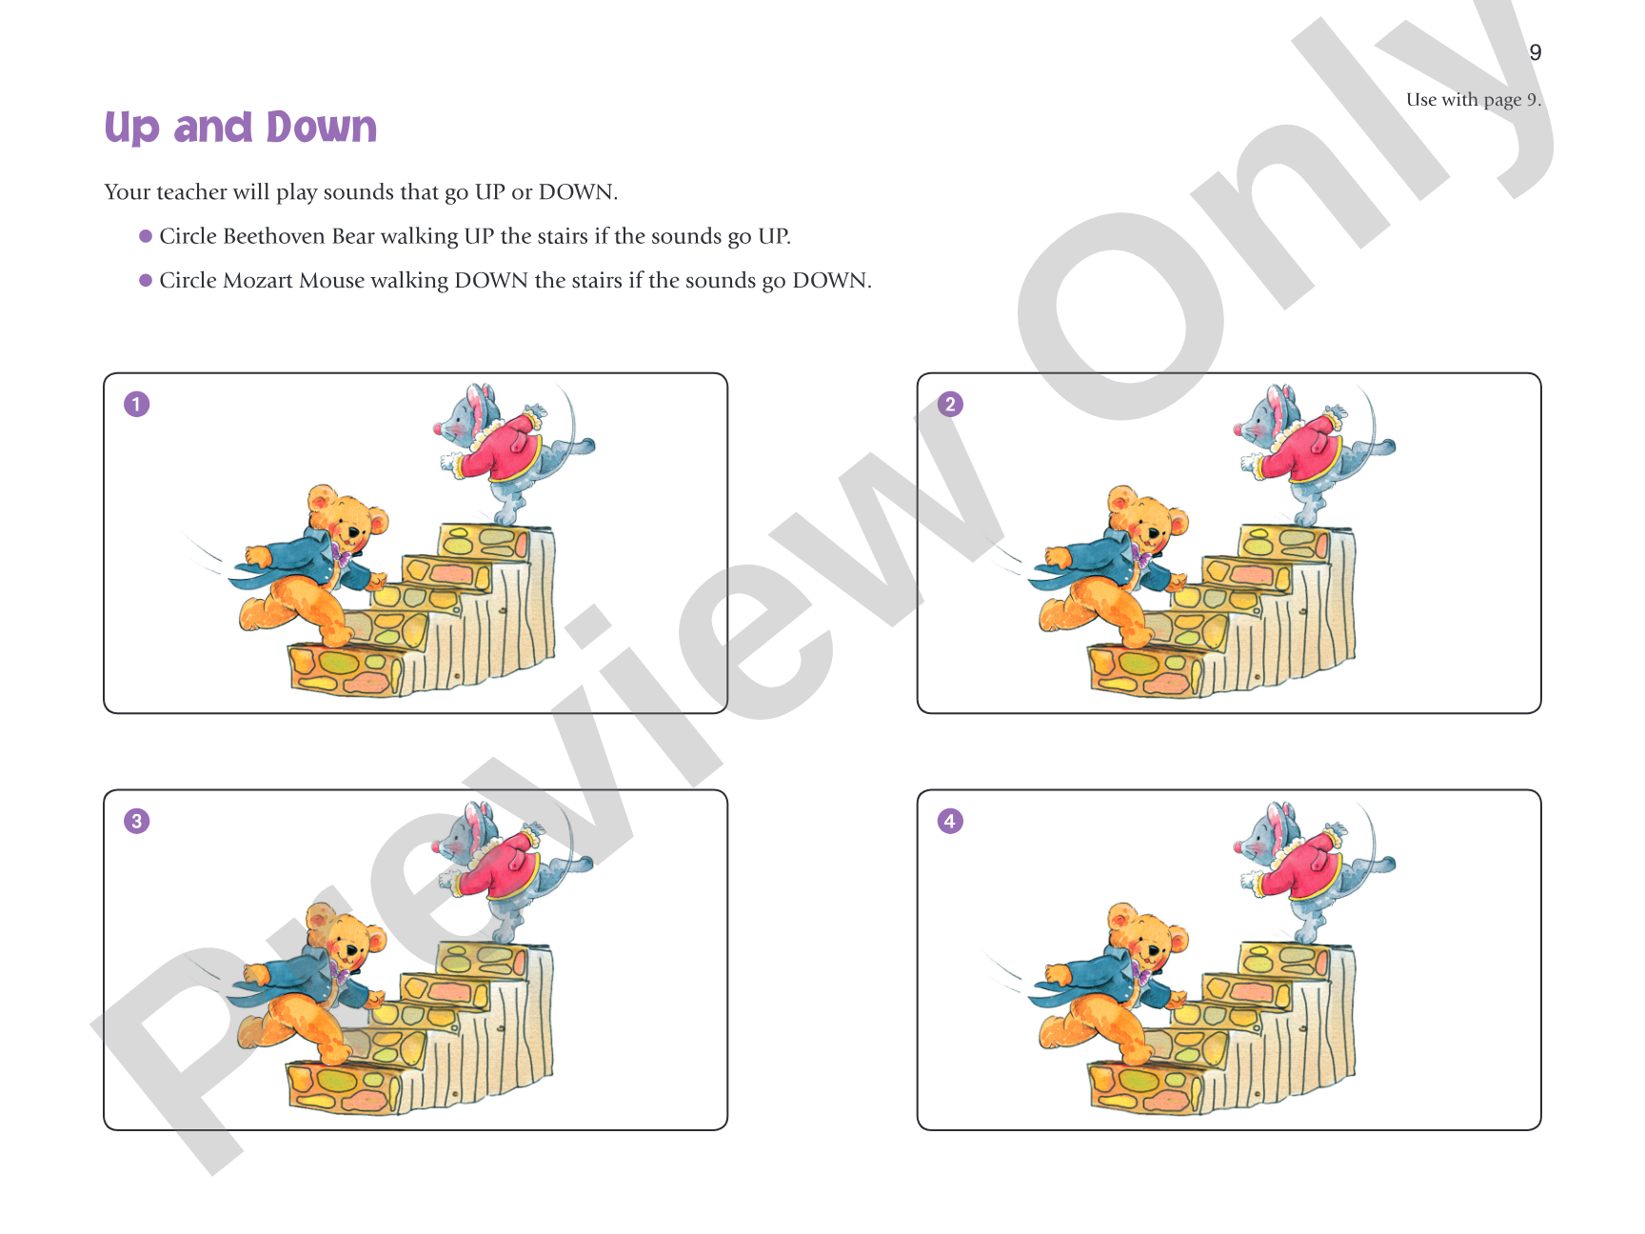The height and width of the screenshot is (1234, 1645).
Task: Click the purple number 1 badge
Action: click(137, 405)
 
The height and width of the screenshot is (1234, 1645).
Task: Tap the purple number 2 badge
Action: click(950, 405)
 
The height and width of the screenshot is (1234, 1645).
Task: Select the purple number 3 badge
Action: click(137, 821)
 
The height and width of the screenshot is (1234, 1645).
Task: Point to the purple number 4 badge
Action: click(950, 821)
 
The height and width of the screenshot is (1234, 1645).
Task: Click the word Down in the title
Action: click(322, 127)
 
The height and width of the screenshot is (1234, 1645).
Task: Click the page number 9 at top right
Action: click(1535, 52)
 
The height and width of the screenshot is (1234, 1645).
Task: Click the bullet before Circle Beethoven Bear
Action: click(146, 236)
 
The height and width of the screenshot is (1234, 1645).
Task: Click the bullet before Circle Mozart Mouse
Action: click(146, 280)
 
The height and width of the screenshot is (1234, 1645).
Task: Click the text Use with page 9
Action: click(1474, 100)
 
